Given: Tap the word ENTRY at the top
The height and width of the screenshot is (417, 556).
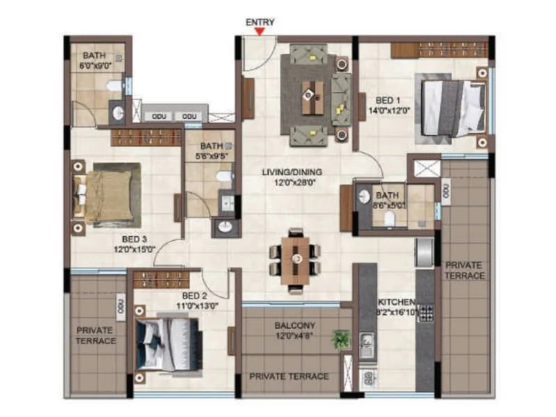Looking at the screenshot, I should pos(261,22).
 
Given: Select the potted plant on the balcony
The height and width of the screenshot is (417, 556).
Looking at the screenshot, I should pos(341,340).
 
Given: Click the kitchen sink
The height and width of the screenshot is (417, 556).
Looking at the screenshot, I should pos(366,343).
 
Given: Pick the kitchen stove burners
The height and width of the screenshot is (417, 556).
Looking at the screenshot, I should pos(425,313).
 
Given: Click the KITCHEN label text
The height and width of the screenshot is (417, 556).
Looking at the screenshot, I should pos(396,302).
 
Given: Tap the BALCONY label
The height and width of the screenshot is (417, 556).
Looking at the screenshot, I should pos(295,325).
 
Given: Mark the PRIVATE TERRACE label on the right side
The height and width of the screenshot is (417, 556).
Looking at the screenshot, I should pos(465,270).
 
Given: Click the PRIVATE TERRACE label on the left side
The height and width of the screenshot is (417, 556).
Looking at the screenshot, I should pos(95,336).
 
